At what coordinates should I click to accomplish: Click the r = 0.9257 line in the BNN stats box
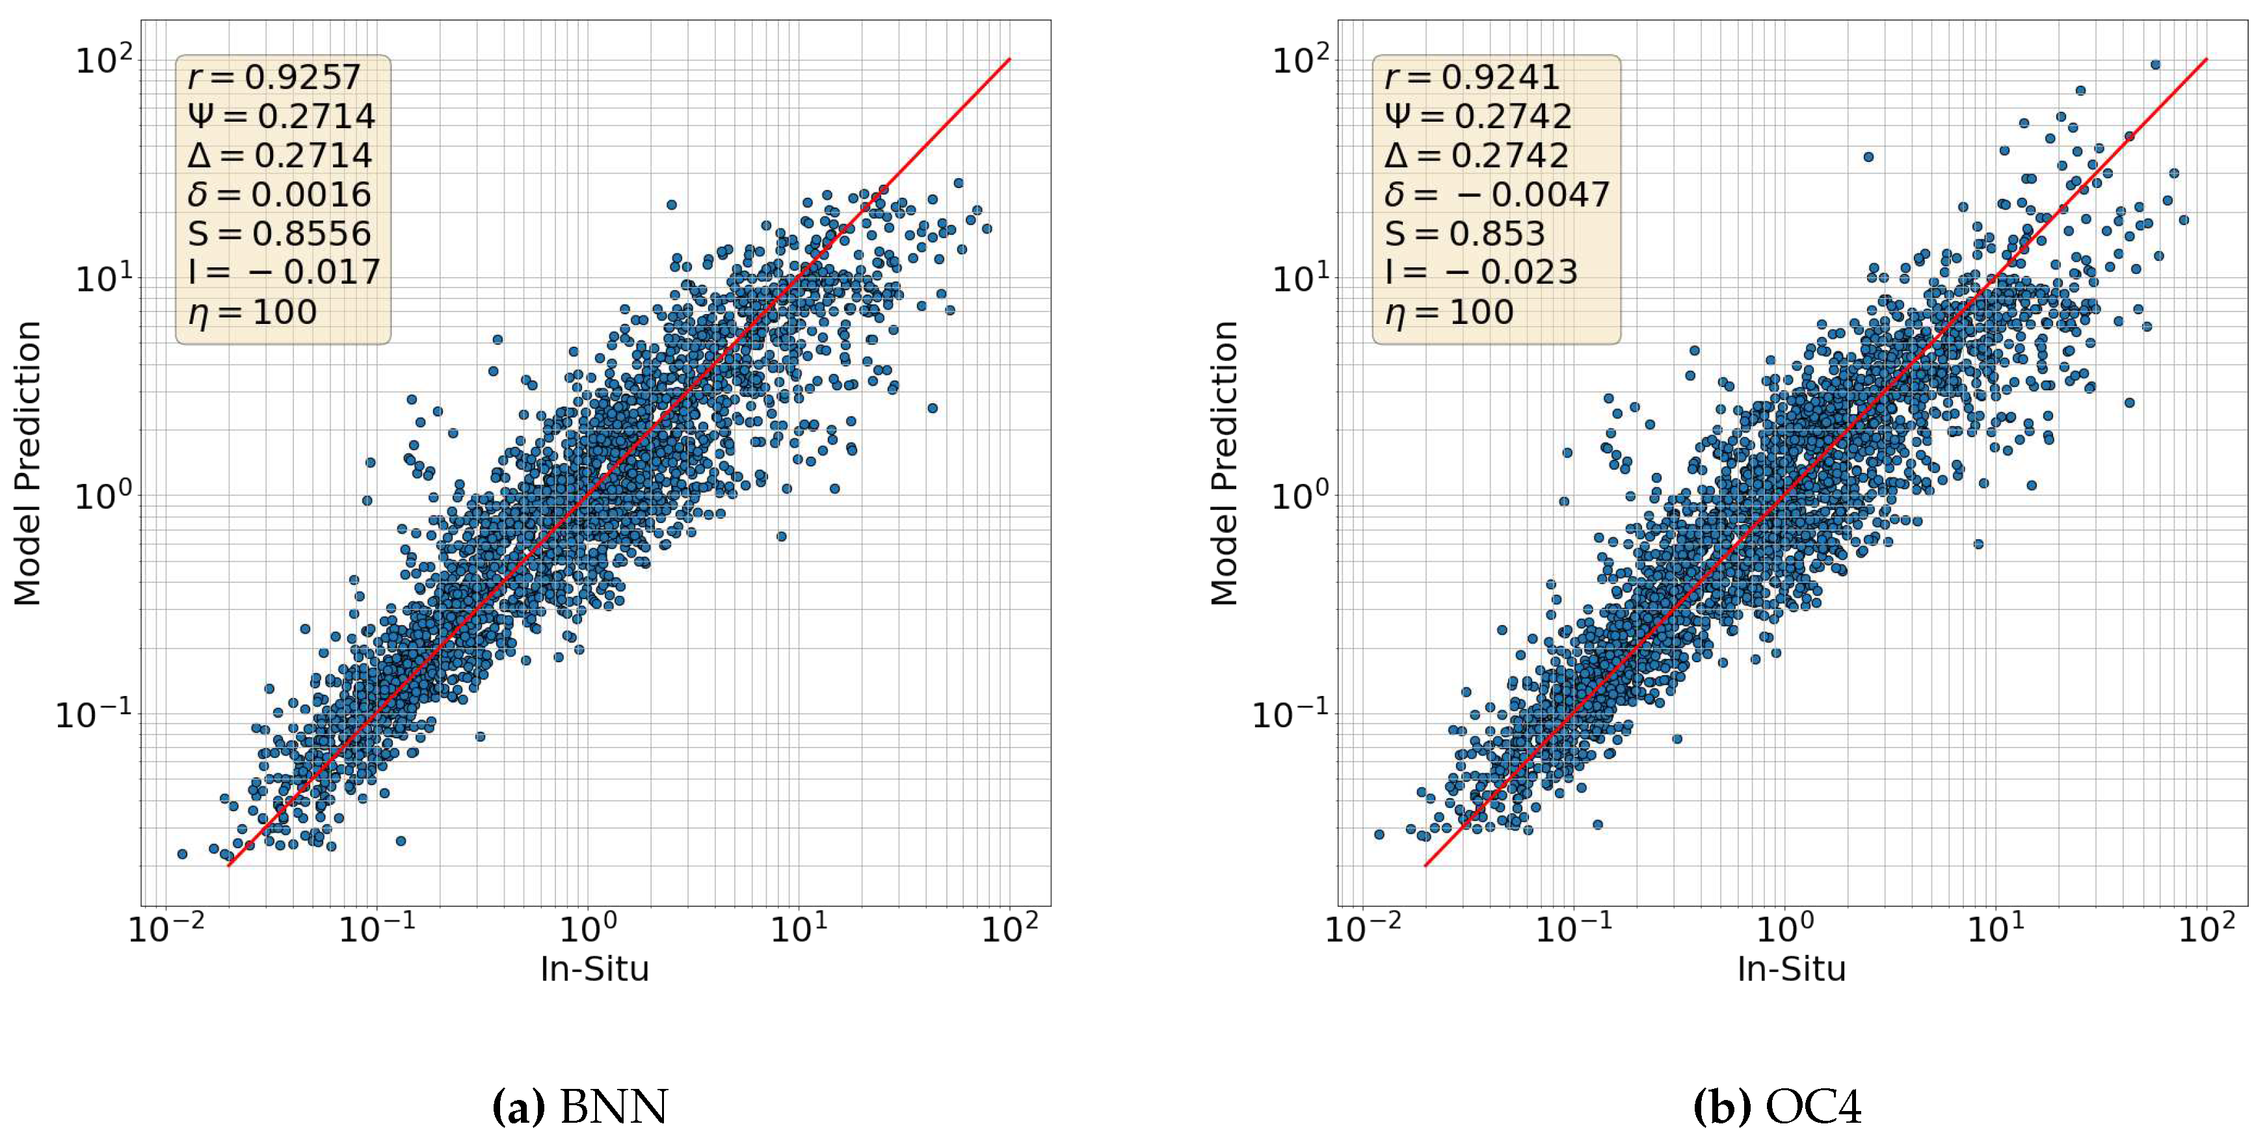pyautogui.click(x=274, y=77)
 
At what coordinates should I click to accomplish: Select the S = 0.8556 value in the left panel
pyautogui.click(x=280, y=234)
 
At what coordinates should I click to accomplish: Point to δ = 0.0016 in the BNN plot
pyautogui.click(x=280, y=194)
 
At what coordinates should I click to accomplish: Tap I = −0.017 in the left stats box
pyautogui.click(x=284, y=272)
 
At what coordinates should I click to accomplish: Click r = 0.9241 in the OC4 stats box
pyautogui.click(x=1472, y=77)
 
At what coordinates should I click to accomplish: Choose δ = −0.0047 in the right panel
pyautogui.click(x=1496, y=194)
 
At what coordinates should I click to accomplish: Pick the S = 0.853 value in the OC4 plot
pyautogui.click(x=1465, y=234)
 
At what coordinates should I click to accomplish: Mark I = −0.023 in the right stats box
pyautogui.click(x=1481, y=272)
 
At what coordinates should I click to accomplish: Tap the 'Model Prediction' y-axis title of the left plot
pyautogui.click(x=27, y=463)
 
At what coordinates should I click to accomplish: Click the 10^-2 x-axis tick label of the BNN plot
pyautogui.click(x=166, y=927)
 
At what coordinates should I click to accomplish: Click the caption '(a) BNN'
pyautogui.click(x=581, y=1106)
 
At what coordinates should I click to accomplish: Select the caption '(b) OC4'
pyautogui.click(x=1778, y=1106)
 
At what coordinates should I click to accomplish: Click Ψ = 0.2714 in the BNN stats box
pyautogui.click(x=282, y=116)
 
